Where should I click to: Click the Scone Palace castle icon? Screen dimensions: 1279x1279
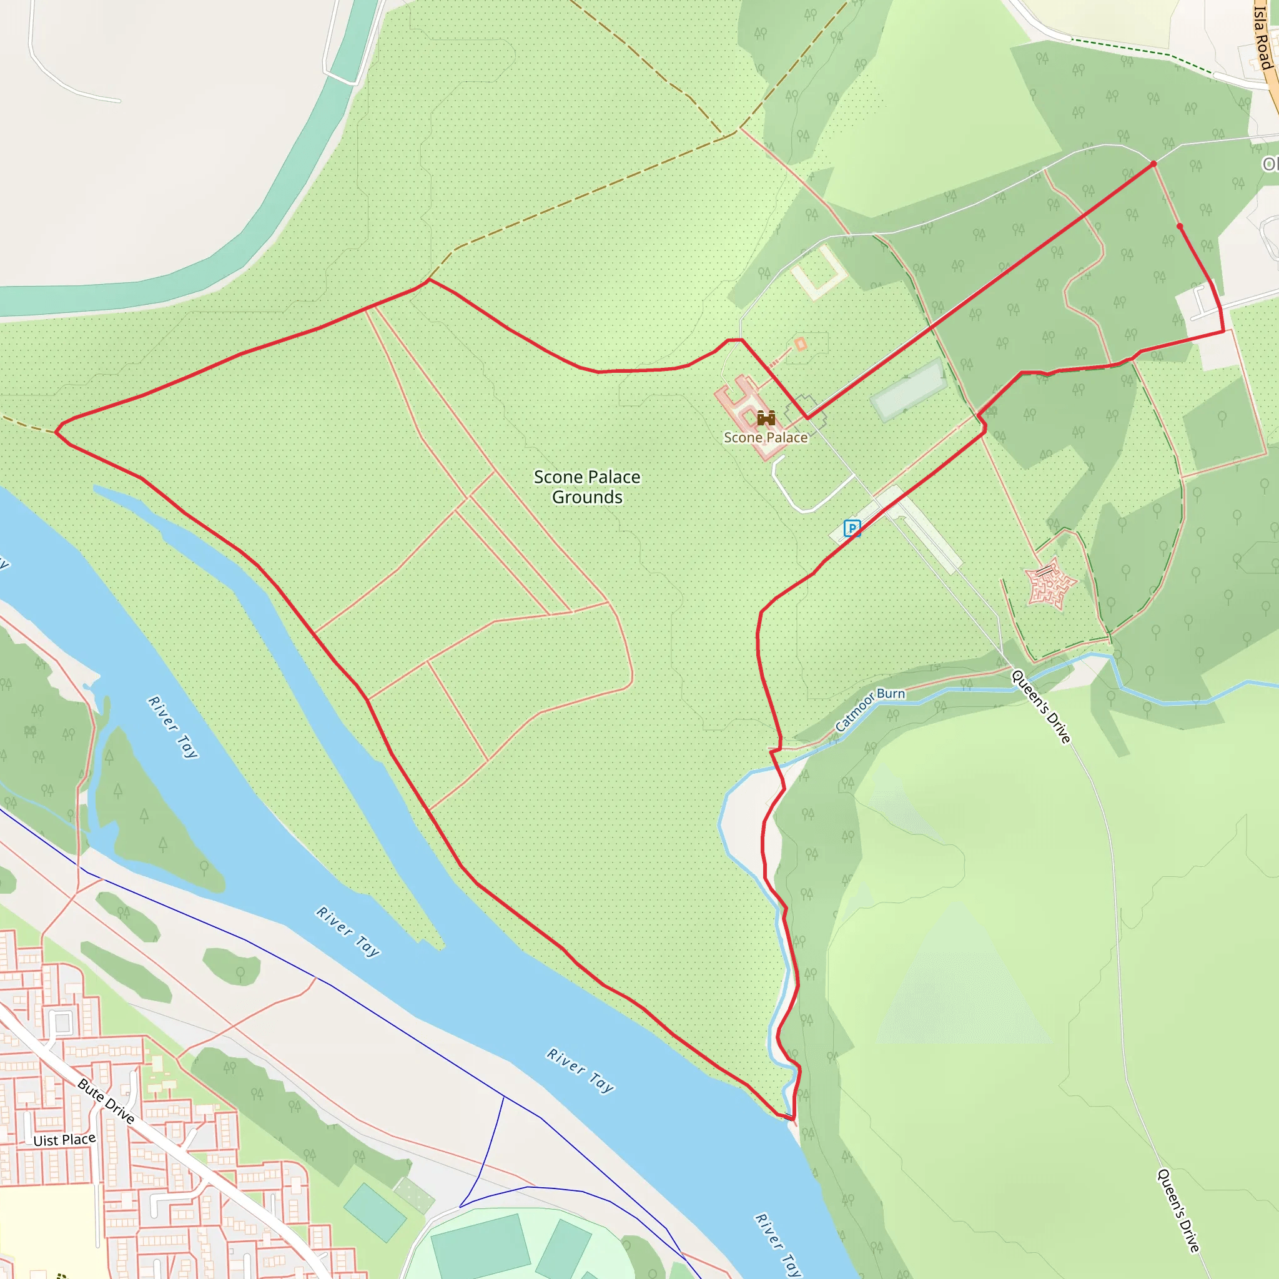(766, 418)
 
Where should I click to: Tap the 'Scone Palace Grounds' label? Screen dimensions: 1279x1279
(586, 486)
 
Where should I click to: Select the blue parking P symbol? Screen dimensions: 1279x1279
(852, 528)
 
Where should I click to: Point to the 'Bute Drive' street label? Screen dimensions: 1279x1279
(106, 1101)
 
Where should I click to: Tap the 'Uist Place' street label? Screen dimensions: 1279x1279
(64, 1140)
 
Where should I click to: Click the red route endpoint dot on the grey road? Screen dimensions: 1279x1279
(1153, 164)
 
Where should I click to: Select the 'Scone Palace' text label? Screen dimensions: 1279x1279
(766, 438)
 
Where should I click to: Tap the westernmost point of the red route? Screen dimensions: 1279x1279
(56, 432)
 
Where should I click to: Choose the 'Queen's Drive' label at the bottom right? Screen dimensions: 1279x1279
(1178, 1211)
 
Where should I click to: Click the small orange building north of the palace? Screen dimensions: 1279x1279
(801, 343)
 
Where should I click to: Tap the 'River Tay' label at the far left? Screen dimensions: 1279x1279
(172, 726)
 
